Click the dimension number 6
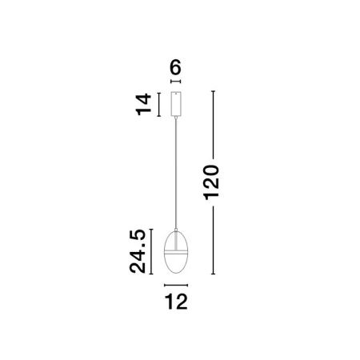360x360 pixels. pyautogui.click(x=175, y=67)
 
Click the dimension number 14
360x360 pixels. pyautogui.click(x=144, y=104)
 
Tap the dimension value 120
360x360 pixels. pyautogui.click(x=211, y=182)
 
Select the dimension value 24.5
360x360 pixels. pyautogui.click(x=138, y=251)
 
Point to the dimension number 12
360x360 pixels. pyautogui.click(x=176, y=302)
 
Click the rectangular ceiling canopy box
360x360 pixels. pyautogui.click(x=176, y=104)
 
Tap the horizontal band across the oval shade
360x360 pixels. pyautogui.click(x=176, y=252)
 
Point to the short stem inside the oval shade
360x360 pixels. pyautogui.click(x=176, y=241)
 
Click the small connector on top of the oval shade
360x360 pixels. pyautogui.click(x=176, y=230)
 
